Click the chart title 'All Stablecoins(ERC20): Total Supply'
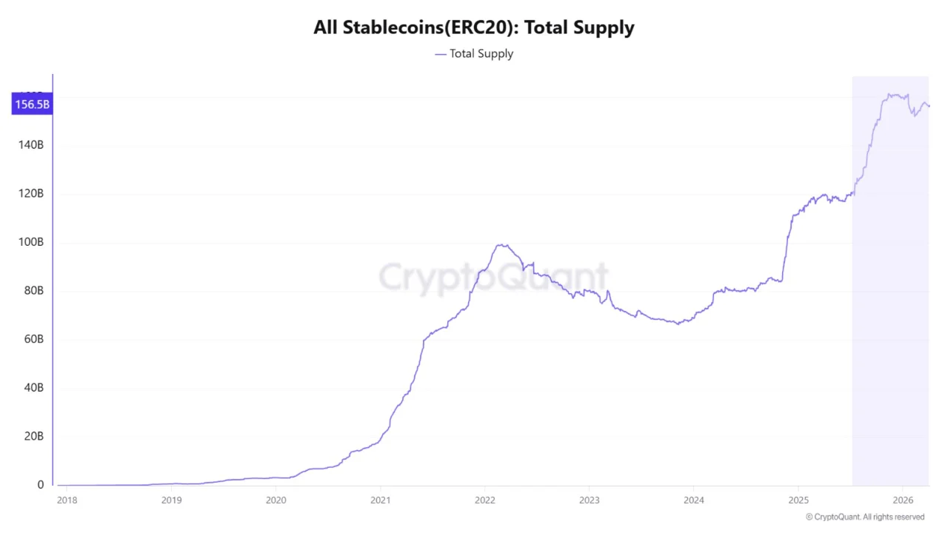[x=474, y=28]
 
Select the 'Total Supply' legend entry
[x=481, y=53]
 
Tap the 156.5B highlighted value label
[x=32, y=104]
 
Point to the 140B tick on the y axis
[x=30, y=145]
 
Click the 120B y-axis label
[x=30, y=194]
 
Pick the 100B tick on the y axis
[x=30, y=242]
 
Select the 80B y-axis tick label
[x=33, y=291]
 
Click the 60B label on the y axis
[x=33, y=339]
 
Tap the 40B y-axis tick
[x=33, y=388]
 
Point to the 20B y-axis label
[x=33, y=436]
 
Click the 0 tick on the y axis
[x=41, y=485]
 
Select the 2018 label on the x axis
[x=67, y=500]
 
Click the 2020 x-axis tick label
[x=276, y=500]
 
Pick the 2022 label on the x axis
[x=484, y=500]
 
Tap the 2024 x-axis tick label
[x=693, y=500]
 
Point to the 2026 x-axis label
[x=902, y=500]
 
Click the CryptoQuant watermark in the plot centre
[x=493, y=278]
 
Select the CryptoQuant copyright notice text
[x=865, y=517]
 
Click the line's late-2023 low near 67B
[x=677, y=324]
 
